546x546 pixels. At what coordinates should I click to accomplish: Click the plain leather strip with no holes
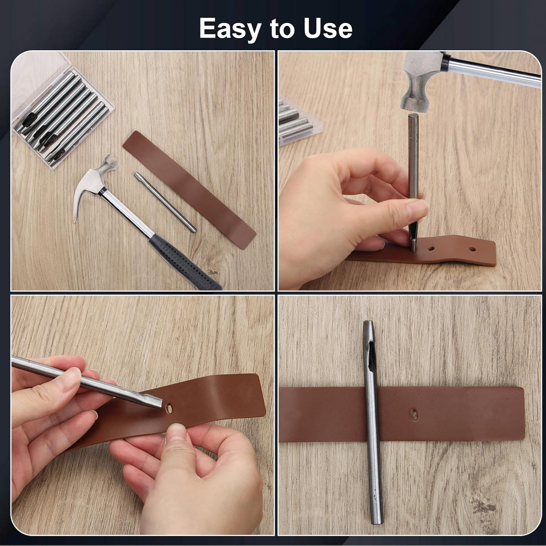pyautogui.click(x=189, y=189)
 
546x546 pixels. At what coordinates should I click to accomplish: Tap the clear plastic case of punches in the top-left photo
pyautogui.click(x=62, y=109)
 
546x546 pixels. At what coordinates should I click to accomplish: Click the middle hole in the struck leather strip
pyautogui.click(x=431, y=249)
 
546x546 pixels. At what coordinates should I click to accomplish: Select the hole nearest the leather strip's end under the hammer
pyautogui.click(x=472, y=249)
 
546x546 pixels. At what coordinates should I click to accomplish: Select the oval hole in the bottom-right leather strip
pyautogui.click(x=415, y=414)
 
